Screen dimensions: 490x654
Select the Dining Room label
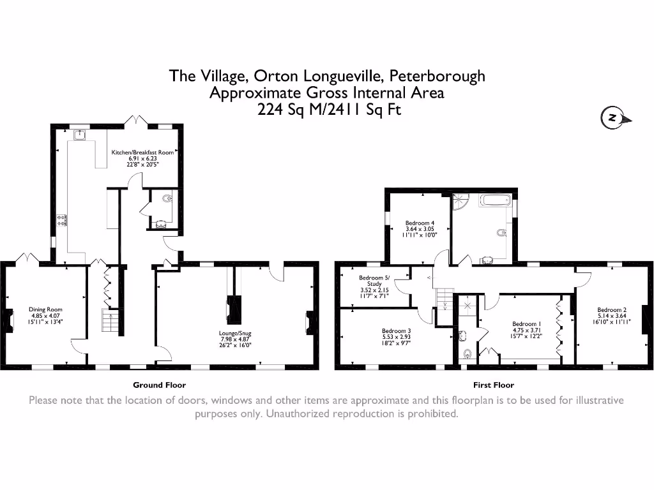[45, 309]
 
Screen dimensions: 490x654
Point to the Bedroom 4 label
[419, 223]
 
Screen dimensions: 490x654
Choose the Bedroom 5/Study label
[374, 278]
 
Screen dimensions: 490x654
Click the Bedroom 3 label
[396, 330]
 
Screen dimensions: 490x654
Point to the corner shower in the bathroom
[460, 202]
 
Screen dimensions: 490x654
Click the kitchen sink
[79, 135]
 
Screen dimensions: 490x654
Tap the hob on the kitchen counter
[63, 220]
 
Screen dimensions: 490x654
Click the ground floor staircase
[111, 320]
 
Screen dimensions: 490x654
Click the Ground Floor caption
[159, 385]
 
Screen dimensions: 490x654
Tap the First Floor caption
[493, 385]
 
